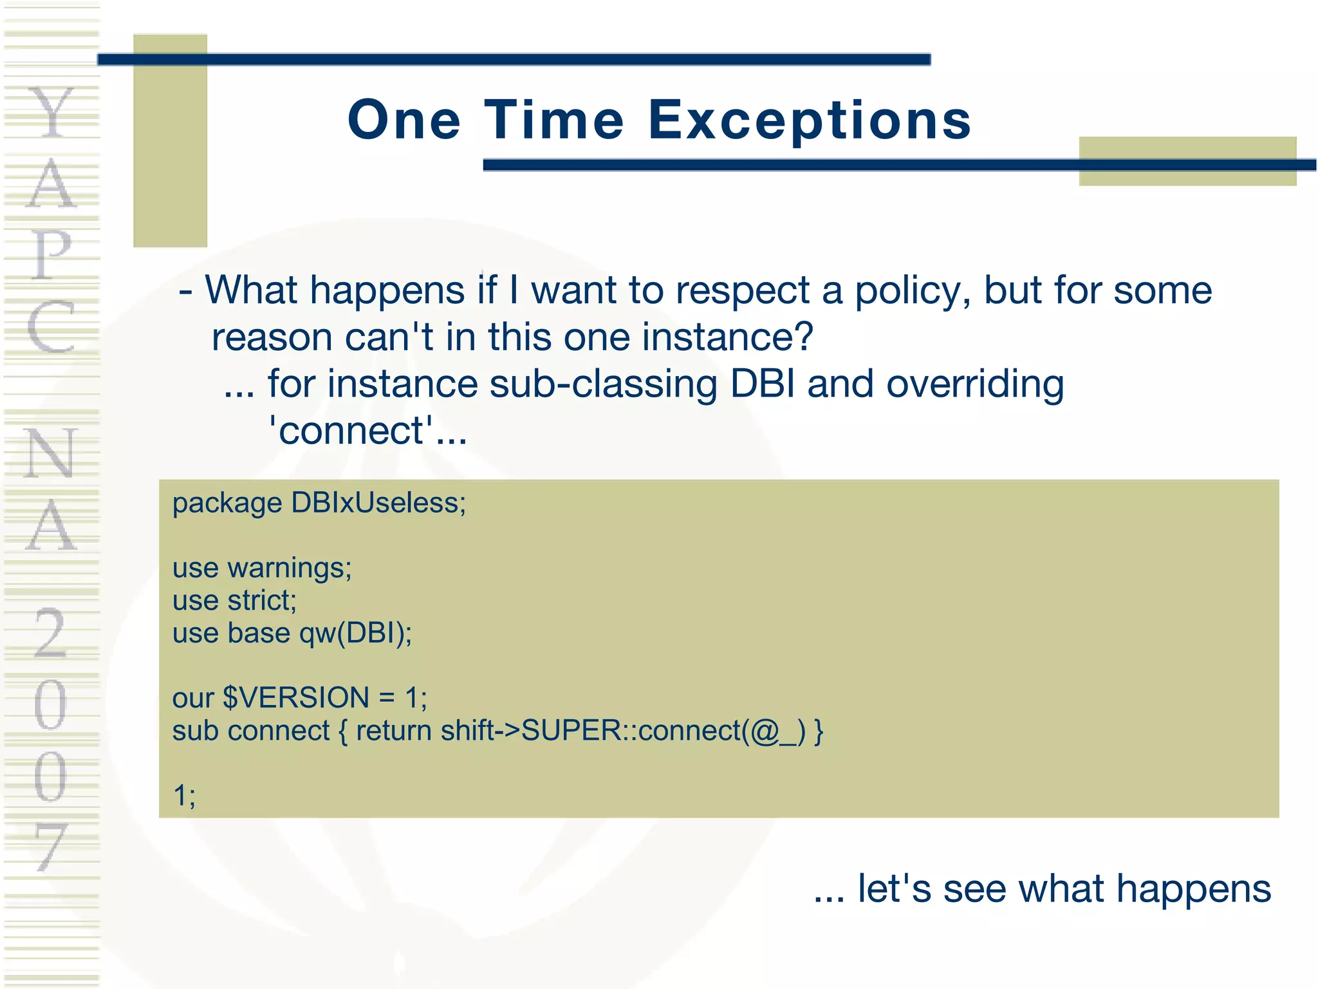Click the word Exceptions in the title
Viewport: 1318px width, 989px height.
809,121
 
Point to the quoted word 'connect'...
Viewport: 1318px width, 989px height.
351,431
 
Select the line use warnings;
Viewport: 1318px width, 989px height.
262,569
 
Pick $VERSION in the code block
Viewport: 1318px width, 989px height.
296,698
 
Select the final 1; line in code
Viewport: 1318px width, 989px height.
183,796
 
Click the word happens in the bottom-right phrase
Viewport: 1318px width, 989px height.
1193,889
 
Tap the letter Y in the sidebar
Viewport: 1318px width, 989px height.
51,113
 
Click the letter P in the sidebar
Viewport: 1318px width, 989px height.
51,254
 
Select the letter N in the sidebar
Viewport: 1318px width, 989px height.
51,454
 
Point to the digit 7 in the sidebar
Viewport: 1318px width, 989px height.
51,847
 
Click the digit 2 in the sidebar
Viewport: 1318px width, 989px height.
50,634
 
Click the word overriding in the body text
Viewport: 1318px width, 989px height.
974,384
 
